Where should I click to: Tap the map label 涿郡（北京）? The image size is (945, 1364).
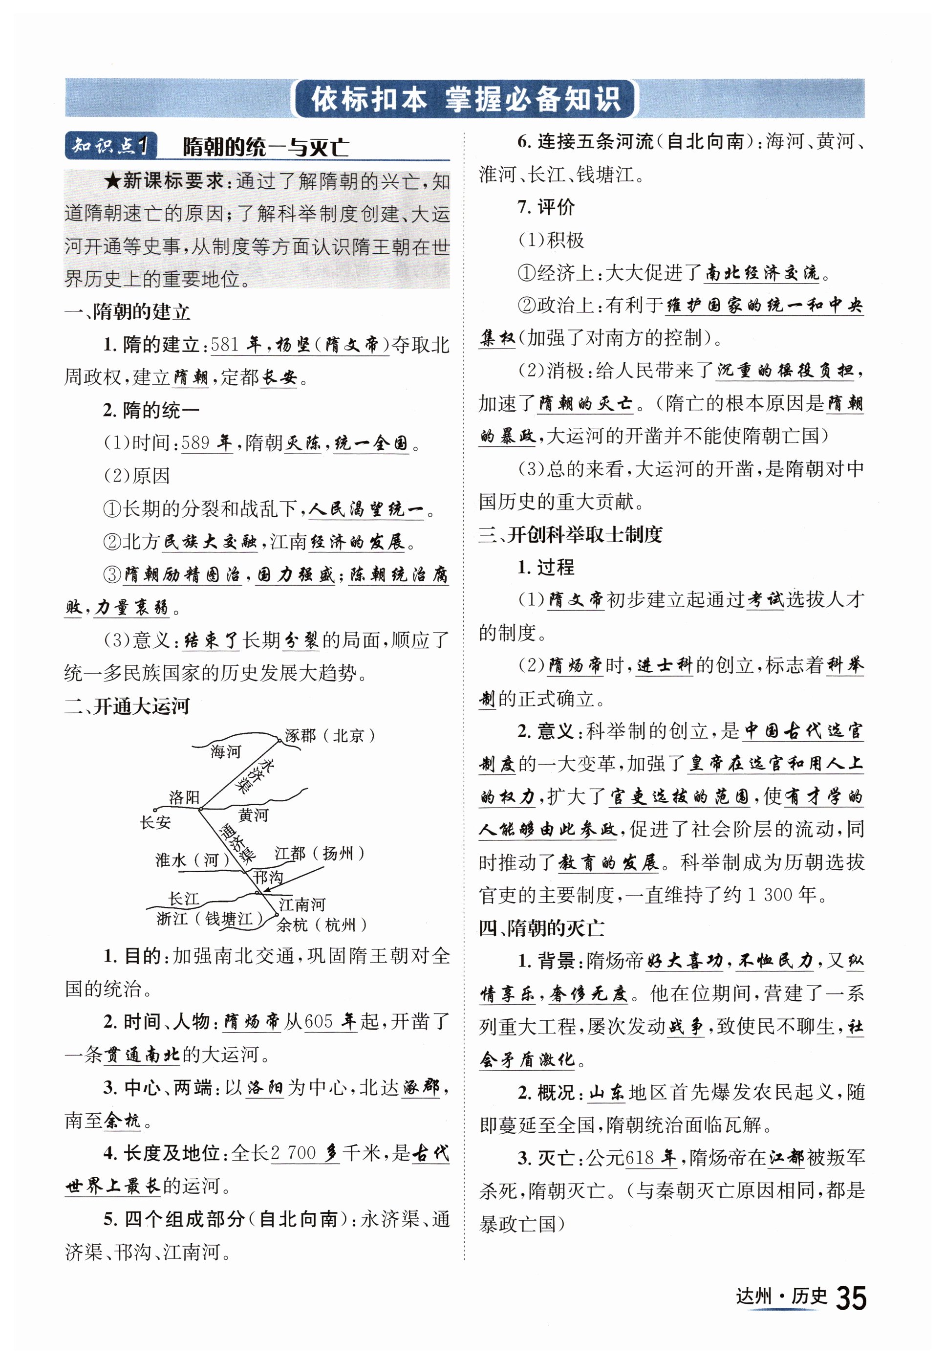click(x=330, y=736)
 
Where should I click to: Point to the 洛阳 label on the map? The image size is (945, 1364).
click(x=184, y=797)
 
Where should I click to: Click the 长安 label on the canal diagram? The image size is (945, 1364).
click(x=155, y=822)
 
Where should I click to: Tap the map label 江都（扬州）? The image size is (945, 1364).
click(x=320, y=854)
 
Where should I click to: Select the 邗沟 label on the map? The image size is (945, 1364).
click(x=268, y=877)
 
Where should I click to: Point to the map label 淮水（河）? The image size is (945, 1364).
click(x=193, y=860)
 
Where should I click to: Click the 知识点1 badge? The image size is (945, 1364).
click(x=111, y=146)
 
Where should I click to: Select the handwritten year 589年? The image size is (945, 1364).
click(x=207, y=442)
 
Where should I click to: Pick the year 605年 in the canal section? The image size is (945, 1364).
click(x=330, y=1021)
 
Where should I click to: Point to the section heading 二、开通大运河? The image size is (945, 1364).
click(x=128, y=706)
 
